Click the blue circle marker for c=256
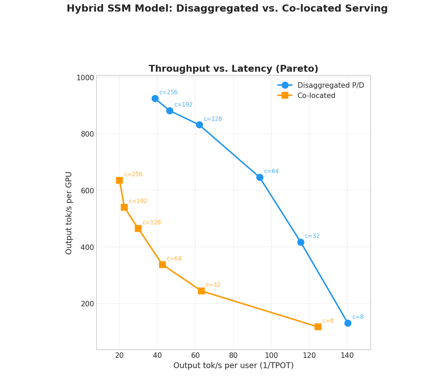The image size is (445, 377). (155, 98)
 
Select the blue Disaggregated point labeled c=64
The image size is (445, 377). (260, 177)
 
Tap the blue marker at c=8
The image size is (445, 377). (348, 323)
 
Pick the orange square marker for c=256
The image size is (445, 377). (119, 180)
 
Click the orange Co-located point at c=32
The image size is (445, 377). (201, 291)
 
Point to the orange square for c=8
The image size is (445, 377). (318, 327)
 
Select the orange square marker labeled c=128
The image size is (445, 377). (138, 228)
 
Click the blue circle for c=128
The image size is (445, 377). (199, 125)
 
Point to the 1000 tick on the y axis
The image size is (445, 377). (85, 78)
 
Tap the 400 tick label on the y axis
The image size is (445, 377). (87, 247)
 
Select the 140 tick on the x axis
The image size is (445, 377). (347, 355)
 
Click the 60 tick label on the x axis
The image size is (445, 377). (195, 355)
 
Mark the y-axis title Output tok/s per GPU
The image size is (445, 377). (69, 213)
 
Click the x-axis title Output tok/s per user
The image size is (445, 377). (233, 366)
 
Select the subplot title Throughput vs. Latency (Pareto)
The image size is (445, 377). (233, 69)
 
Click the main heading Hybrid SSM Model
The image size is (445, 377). (227, 9)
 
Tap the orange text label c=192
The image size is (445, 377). (138, 201)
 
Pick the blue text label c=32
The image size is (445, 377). (312, 236)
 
